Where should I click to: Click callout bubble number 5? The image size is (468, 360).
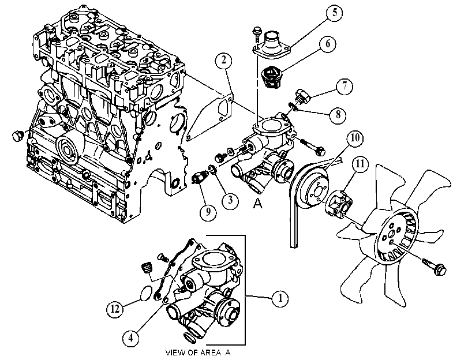click(x=334, y=13)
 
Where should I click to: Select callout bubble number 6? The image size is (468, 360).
click(x=328, y=44)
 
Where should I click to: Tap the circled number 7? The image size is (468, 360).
click(x=345, y=86)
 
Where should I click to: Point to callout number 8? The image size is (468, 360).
click(x=338, y=114)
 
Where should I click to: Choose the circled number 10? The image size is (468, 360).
click(x=355, y=138)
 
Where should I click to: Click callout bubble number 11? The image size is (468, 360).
click(x=360, y=164)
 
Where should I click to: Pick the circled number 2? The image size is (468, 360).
click(x=223, y=61)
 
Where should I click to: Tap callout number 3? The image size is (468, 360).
click(x=230, y=200)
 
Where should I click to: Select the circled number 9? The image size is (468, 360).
click(x=208, y=212)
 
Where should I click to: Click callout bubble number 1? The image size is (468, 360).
click(x=280, y=298)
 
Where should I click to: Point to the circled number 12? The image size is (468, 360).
click(x=115, y=309)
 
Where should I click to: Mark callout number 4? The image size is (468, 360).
click(x=131, y=338)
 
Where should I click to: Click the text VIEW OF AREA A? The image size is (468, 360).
click(x=198, y=353)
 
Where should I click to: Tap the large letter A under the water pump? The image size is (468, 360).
click(x=257, y=203)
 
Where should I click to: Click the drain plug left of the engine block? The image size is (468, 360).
click(x=18, y=135)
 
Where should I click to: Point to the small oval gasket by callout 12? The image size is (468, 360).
click(x=147, y=293)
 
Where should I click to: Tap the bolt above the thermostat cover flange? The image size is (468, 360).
click(x=256, y=35)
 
